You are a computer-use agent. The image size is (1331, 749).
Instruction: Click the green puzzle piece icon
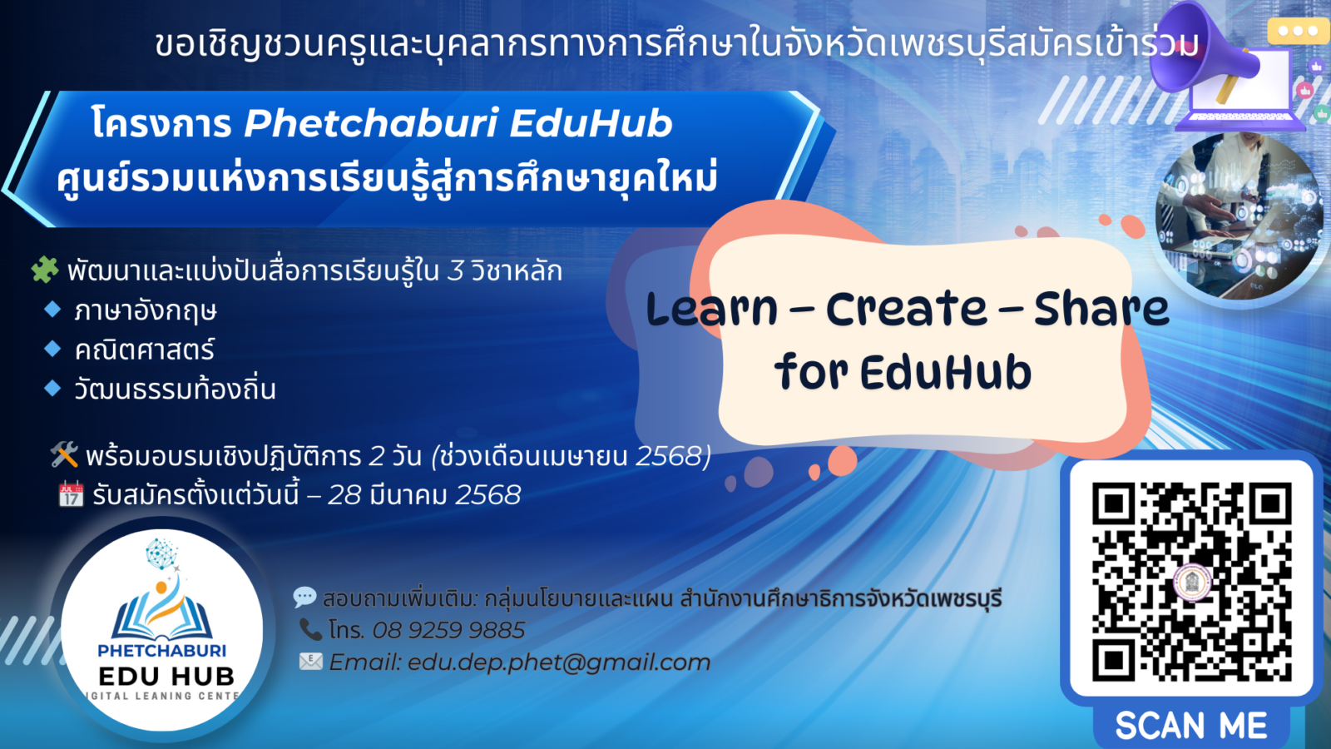pyautogui.click(x=44, y=269)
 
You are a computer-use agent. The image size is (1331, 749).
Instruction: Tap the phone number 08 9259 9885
pyautogui.click(x=448, y=630)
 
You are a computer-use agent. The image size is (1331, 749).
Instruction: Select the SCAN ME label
pyautogui.click(x=1191, y=726)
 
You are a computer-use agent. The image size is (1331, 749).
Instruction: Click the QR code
pyautogui.click(x=1191, y=581)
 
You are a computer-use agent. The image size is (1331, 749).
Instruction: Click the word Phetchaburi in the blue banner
pyautogui.click(x=370, y=123)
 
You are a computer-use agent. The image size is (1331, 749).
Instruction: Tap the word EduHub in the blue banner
pyautogui.click(x=591, y=123)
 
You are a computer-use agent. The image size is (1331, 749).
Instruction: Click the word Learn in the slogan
pyautogui.click(x=712, y=310)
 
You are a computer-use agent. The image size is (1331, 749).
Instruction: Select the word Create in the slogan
pyautogui.click(x=906, y=310)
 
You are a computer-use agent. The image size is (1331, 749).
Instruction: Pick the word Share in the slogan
pyautogui.click(x=1101, y=310)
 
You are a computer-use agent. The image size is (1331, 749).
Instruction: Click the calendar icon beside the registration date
pyautogui.click(x=71, y=494)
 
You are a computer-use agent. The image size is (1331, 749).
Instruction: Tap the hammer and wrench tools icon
pyautogui.click(x=64, y=454)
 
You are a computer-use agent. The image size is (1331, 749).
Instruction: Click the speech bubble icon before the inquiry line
pyautogui.click(x=304, y=597)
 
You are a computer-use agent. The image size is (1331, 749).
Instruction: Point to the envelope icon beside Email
pyautogui.click(x=310, y=662)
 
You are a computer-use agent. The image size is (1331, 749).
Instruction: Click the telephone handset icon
pyautogui.click(x=310, y=629)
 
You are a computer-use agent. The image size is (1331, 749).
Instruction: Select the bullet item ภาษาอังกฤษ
pyautogui.click(x=146, y=310)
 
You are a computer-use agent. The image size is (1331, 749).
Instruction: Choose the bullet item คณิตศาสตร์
pyautogui.click(x=144, y=350)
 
